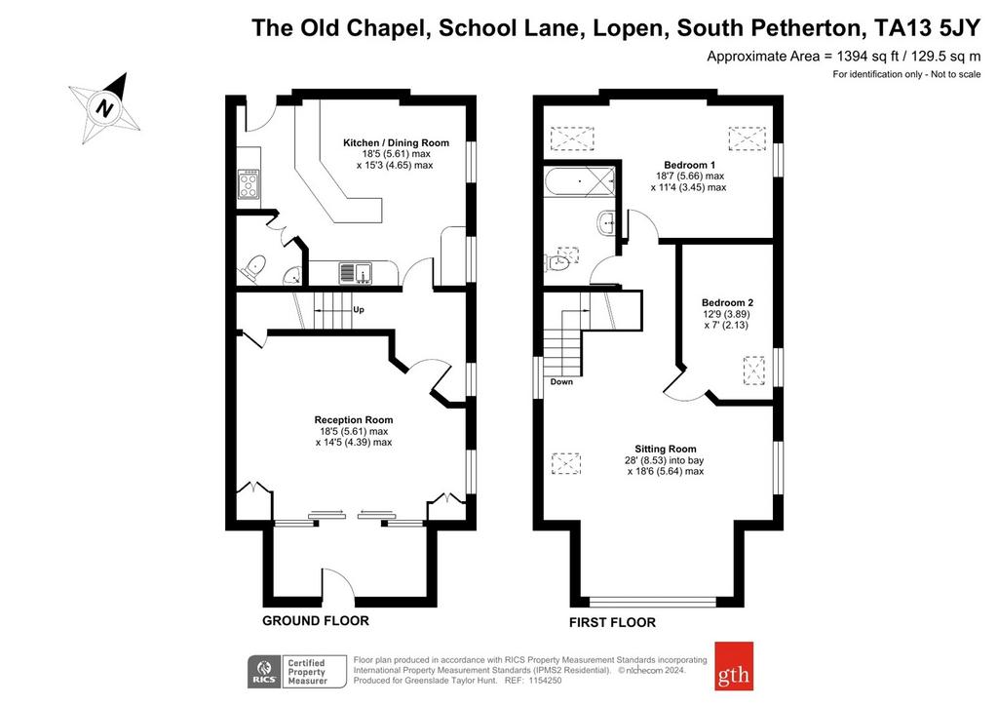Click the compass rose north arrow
105,107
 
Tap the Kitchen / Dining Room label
396,142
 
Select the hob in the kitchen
249,183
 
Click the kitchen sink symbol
355,272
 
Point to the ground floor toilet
253,267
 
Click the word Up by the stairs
359,310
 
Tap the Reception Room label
353,419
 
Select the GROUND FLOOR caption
316,620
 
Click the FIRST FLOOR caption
612,622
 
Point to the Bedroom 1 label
689,164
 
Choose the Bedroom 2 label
727,302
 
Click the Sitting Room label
665,449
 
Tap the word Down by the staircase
561,382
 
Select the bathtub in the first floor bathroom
580,182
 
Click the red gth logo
734,666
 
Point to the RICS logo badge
263,672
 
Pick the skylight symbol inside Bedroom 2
754,371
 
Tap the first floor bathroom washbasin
606,222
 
